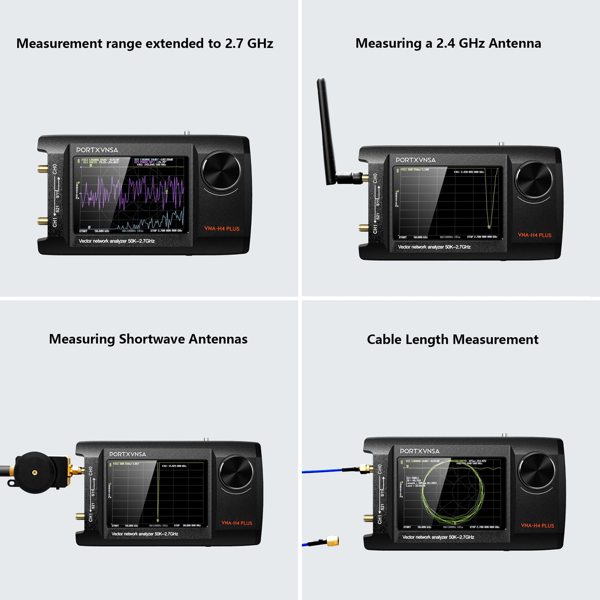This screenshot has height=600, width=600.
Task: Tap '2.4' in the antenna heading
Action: click(445, 43)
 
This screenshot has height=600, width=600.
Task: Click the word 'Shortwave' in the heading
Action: click(152, 339)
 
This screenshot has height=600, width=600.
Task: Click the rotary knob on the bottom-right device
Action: click(536, 470)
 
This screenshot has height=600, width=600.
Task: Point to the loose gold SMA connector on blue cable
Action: click(332, 541)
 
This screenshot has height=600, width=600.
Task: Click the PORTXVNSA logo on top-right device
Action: click(415, 160)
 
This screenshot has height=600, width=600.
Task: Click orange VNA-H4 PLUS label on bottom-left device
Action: click(237, 523)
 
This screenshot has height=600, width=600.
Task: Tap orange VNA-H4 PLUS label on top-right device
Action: click(534, 235)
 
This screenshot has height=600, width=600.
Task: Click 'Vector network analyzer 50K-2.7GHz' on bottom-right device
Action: click(438, 537)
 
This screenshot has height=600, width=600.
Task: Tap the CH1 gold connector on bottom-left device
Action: click(80, 516)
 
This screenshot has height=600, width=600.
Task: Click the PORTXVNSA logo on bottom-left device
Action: click(127, 454)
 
